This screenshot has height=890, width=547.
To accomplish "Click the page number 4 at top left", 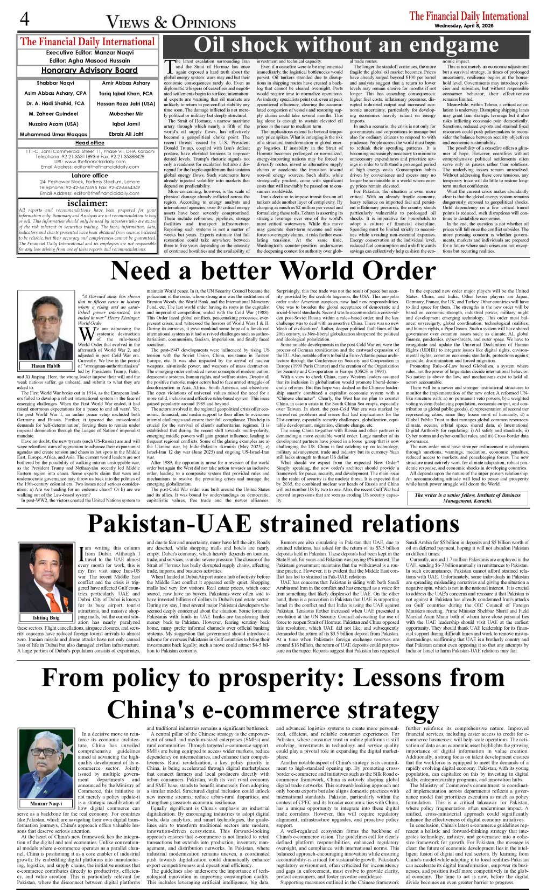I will pyautogui.click(x=24, y=20).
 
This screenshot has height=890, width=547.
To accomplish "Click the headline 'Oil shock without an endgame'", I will pyautogui.click(x=346, y=45).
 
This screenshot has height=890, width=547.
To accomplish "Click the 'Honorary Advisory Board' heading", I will pyautogui.click(x=89, y=70).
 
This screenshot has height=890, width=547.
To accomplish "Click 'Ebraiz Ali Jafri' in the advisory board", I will pyautogui.click(x=126, y=134).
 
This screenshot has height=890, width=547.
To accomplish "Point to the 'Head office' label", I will pyautogui.click(x=89, y=143).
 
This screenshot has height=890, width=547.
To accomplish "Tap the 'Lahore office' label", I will pyautogui.click(x=89, y=176).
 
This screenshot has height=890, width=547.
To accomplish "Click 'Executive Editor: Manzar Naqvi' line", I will pyautogui.click(x=89, y=53).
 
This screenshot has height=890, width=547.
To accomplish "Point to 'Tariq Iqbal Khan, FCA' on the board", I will pyautogui.click(x=126, y=94).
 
